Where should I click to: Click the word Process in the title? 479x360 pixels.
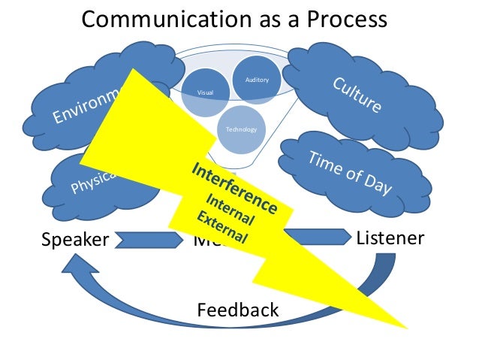tap(349, 19)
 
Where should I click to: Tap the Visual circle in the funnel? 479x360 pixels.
tap(205, 92)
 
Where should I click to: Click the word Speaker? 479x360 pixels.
tap(74, 240)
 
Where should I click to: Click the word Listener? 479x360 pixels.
tap(390, 238)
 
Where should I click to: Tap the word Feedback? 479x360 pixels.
tap(237, 310)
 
